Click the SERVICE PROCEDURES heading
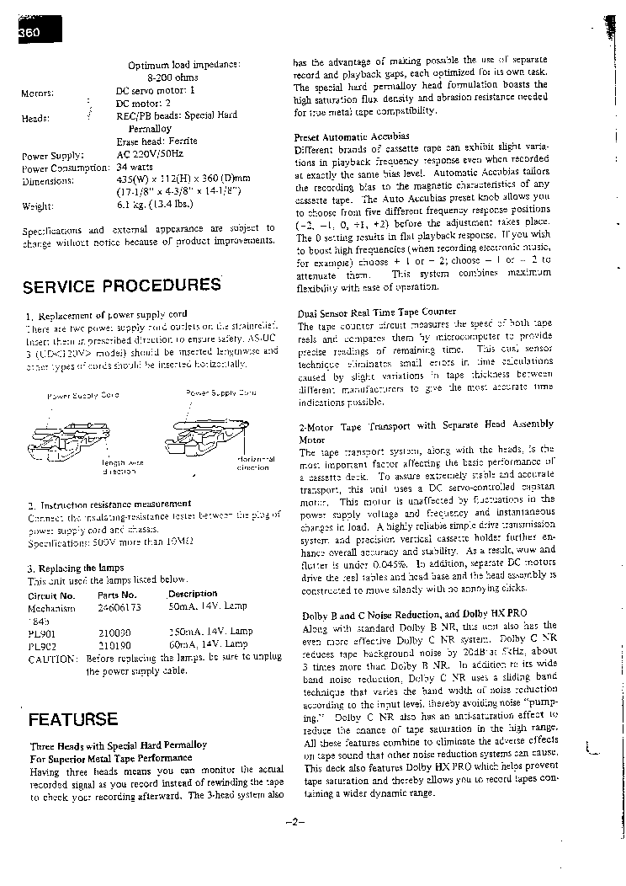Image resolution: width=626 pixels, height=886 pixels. (x=121, y=286)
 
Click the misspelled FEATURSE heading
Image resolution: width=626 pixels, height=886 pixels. (x=72, y=720)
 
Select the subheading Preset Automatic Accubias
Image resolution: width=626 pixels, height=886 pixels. (x=352, y=136)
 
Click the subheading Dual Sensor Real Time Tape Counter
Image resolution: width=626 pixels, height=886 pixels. (x=377, y=312)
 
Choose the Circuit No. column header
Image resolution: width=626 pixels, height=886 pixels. (x=51, y=595)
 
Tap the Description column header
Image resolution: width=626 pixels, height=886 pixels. (x=193, y=594)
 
